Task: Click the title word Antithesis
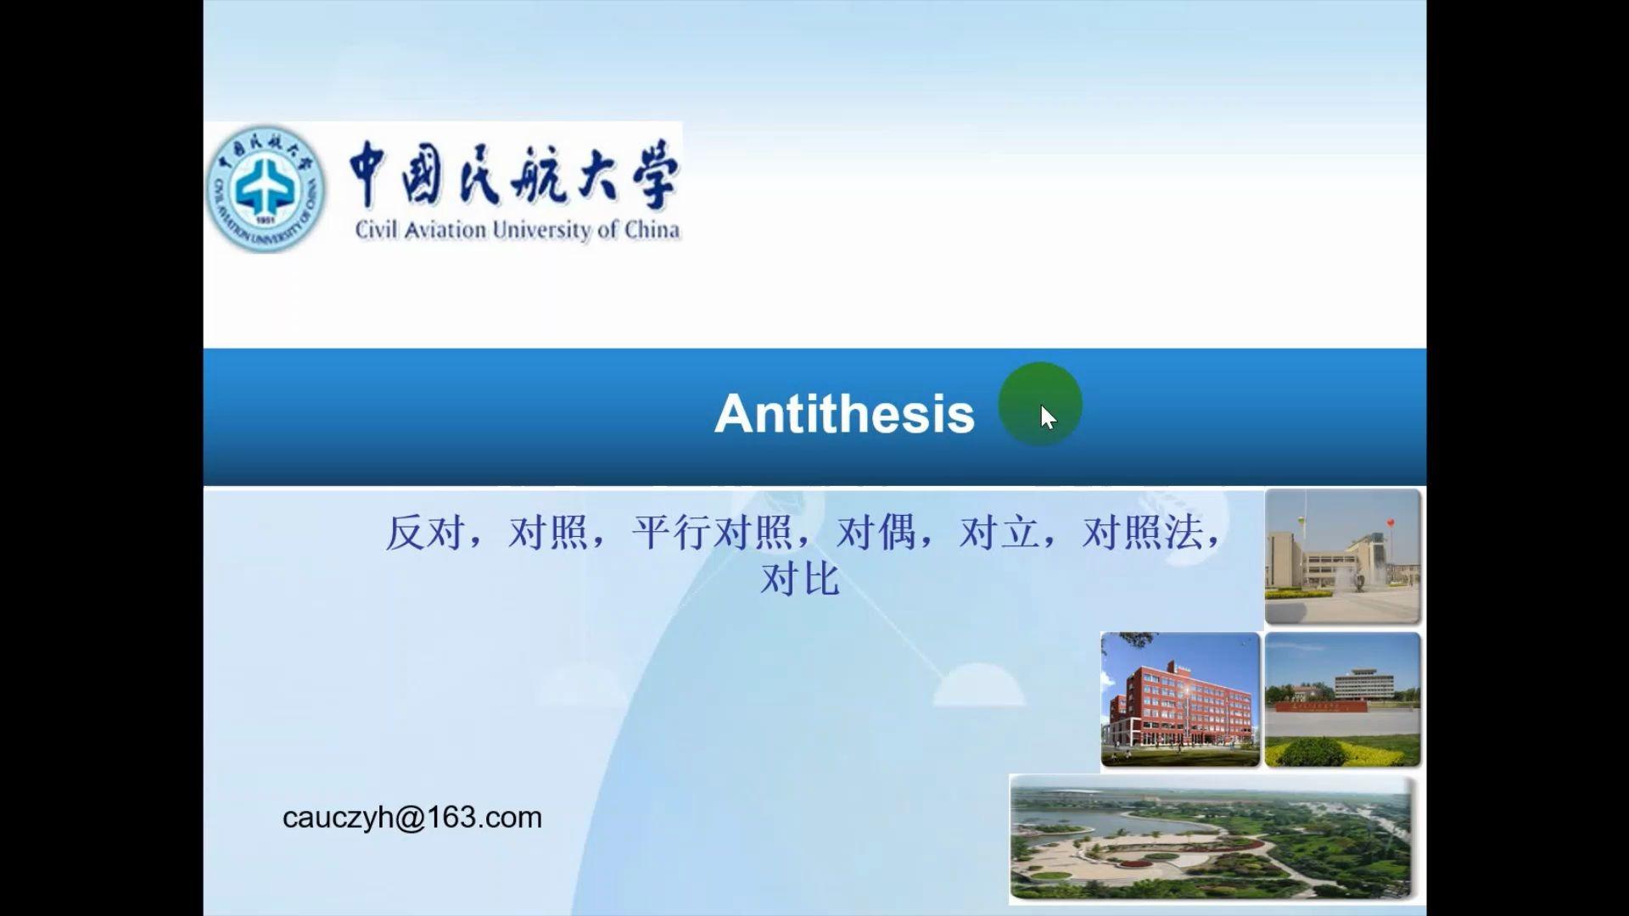844,414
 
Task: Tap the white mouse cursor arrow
1048,417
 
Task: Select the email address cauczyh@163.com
412,818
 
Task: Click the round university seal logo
266,188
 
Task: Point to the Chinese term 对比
800,579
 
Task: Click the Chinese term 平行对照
712,533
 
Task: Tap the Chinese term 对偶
876,533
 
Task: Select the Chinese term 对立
999,533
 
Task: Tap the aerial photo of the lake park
1212,838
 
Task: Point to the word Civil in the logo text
376,230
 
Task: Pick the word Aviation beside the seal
445,230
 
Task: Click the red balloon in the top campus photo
1390,522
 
